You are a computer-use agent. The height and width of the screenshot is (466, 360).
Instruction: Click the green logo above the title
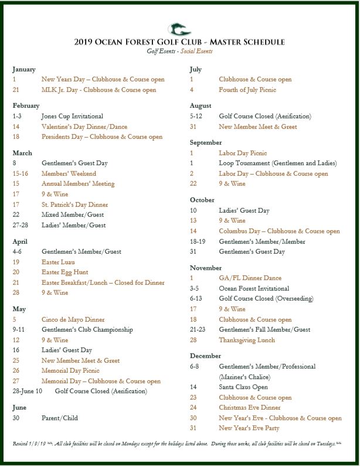pyautogui.click(x=179, y=28)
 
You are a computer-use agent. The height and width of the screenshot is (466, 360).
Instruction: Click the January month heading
pyautogui.click(x=24, y=69)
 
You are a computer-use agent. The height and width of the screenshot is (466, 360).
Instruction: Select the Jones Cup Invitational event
pyautogui.click(x=72, y=116)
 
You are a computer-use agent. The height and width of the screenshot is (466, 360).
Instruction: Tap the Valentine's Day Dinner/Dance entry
pyautogui.click(x=84, y=127)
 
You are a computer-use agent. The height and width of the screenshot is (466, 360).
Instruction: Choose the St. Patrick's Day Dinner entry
pyautogui.click(x=74, y=205)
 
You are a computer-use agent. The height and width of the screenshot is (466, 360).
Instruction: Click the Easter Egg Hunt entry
pyautogui.click(x=64, y=272)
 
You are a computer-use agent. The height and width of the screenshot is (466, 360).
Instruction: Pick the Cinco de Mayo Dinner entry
pyautogui.click(x=73, y=320)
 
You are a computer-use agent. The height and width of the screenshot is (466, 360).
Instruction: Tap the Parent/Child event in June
pyautogui.click(x=59, y=418)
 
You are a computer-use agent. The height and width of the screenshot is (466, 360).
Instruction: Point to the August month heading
pyautogui.click(x=201, y=106)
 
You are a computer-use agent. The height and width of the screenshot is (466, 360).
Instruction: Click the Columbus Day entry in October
pyautogui.click(x=279, y=231)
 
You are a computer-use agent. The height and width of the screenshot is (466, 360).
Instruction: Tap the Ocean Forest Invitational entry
pyautogui.click(x=254, y=288)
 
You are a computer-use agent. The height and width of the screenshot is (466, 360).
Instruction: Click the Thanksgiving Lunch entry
pyautogui.click(x=247, y=340)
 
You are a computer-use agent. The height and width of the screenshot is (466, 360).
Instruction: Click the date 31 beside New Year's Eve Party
pyautogui.click(x=193, y=428)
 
